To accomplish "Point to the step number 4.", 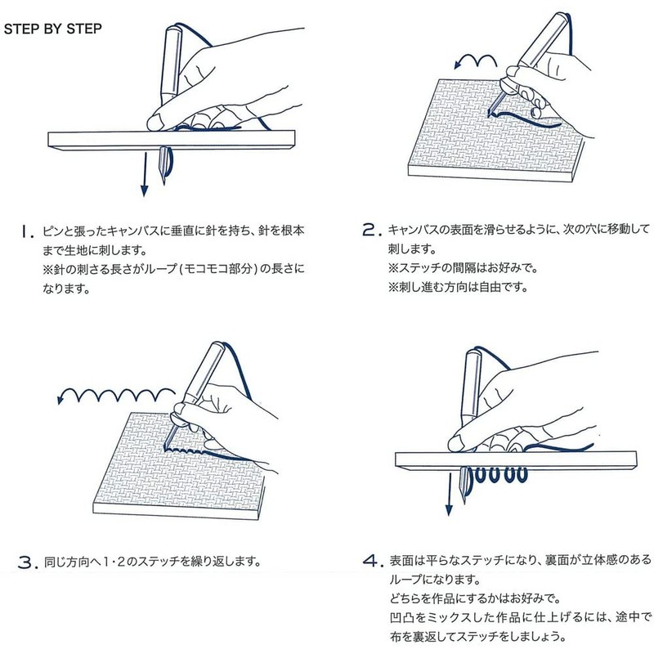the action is [x=372, y=562].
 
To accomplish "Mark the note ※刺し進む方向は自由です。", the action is [x=453, y=288].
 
